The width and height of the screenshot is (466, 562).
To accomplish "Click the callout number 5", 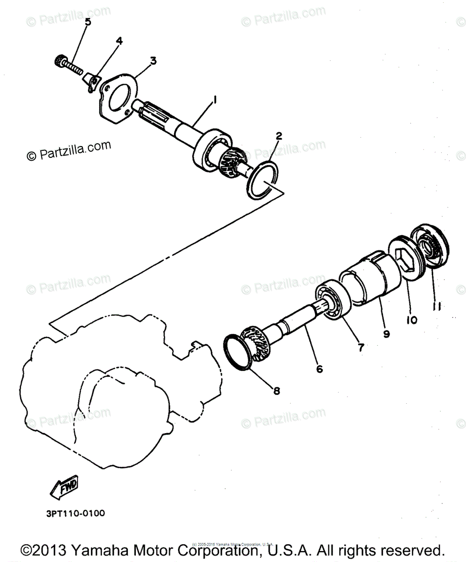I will click(x=88, y=22).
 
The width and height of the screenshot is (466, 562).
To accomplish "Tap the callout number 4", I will click(x=119, y=41).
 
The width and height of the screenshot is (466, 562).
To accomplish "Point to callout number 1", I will click(x=214, y=99).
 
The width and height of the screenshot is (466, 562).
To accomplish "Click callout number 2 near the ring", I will click(x=279, y=136).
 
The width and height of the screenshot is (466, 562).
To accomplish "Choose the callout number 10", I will click(x=412, y=320).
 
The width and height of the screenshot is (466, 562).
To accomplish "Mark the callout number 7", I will click(x=360, y=348).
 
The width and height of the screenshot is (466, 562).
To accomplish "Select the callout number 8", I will click(x=276, y=390).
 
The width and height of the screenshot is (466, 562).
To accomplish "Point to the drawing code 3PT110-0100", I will click(x=75, y=513).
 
